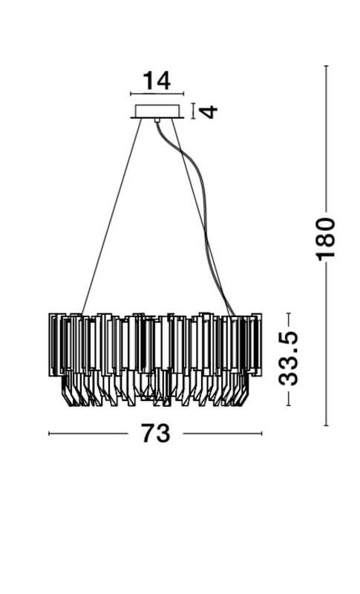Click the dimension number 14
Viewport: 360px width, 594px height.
click(x=157, y=81)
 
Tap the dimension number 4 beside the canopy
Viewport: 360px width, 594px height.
click(x=209, y=112)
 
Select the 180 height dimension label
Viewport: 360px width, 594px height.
click(x=326, y=239)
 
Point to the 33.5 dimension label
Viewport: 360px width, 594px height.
click(x=289, y=359)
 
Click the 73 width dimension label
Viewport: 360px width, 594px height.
click(x=156, y=433)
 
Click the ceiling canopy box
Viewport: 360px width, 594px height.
click(x=157, y=111)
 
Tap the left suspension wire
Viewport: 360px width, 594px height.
click(x=111, y=216)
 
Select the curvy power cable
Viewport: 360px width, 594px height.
click(x=195, y=216)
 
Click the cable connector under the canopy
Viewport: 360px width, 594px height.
click(x=157, y=120)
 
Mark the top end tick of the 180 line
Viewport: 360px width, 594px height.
click(x=326, y=66)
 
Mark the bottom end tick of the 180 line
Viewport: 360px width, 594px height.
click(x=326, y=425)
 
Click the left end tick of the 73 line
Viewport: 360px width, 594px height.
click(x=49, y=434)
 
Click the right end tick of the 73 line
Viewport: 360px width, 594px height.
click(x=261, y=434)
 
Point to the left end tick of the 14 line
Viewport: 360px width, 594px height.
click(x=131, y=94)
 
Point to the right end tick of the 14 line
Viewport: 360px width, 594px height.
click(x=183, y=94)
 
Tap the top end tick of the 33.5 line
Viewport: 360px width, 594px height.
click(x=289, y=313)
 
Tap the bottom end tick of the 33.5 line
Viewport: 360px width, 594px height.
click(x=289, y=405)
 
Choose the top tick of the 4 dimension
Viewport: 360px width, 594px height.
click(x=194, y=103)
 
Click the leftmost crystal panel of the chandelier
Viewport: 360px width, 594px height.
click(x=54, y=345)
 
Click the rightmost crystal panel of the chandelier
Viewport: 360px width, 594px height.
click(x=256, y=345)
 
